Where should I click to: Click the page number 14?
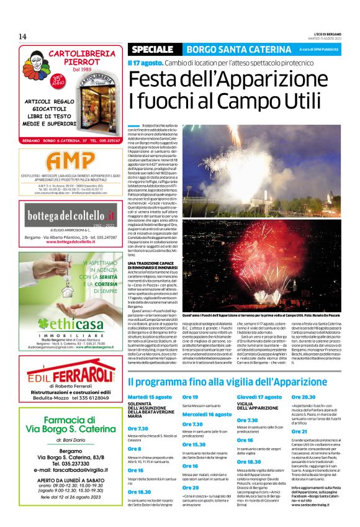point(22,35)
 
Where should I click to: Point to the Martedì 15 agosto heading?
point(150,397)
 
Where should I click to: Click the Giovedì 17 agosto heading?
point(259,397)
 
